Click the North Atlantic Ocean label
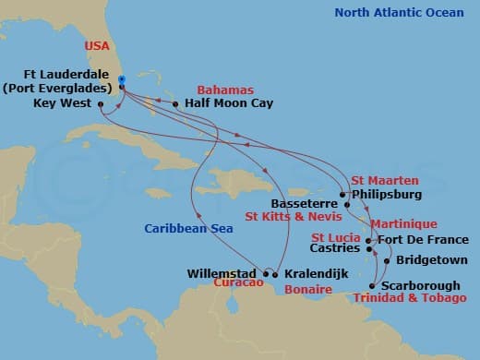point(398,13)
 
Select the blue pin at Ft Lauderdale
point(122,80)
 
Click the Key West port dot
point(100,104)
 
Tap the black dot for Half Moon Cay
point(175,104)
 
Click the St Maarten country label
point(384,180)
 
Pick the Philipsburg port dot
point(342,195)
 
